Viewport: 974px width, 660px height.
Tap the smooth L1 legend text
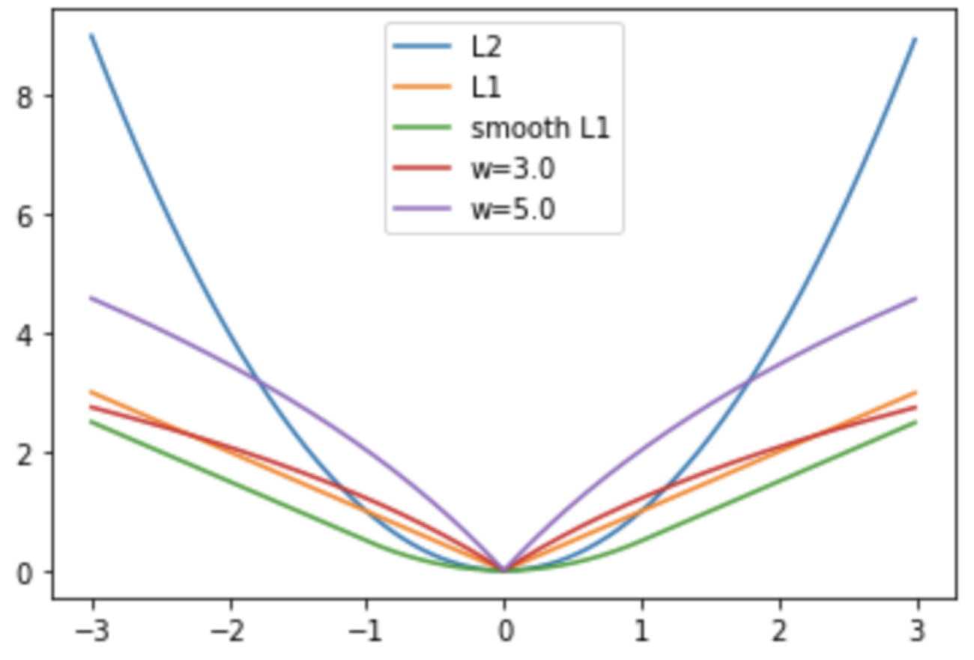coord(539,128)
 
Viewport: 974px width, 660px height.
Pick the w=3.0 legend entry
coord(512,169)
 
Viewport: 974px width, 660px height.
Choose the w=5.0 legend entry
coord(512,209)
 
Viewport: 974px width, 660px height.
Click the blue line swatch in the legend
coord(423,47)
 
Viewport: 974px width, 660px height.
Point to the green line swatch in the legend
coord(423,128)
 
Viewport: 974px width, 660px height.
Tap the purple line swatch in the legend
coord(423,209)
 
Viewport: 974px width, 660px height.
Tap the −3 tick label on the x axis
coord(92,631)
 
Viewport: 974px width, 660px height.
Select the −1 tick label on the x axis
coord(366,631)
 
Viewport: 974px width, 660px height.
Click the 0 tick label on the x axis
coord(505,631)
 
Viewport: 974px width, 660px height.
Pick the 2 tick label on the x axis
coord(780,631)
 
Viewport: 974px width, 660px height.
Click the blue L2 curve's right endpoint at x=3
coord(916,38)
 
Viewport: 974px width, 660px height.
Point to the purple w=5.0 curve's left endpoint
coord(92,297)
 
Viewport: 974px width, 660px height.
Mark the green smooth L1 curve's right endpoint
coord(916,422)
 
